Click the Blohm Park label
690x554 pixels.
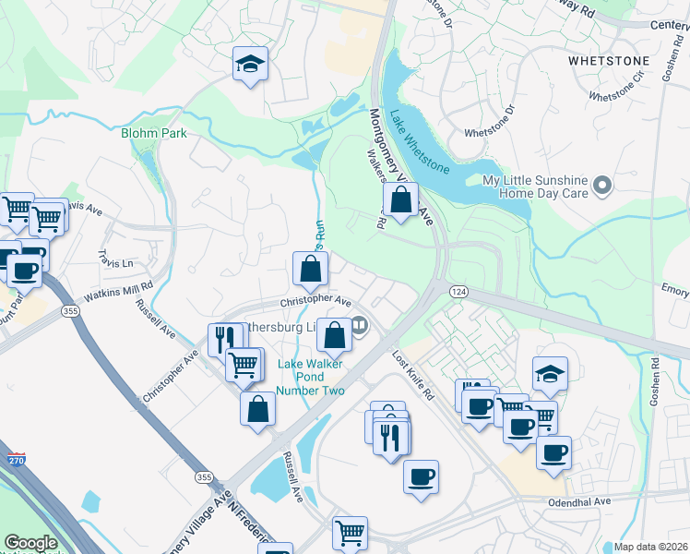pyautogui.click(x=154, y=133)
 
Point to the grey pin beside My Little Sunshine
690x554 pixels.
pyautogui.click(x=602, y=187)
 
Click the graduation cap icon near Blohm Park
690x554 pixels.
pyautogui.click(x=250, y=64)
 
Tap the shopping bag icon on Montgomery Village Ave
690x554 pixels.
pyautogui.click(x=401, y=199)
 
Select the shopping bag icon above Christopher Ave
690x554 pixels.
pyautogui.click(x=311, y=269)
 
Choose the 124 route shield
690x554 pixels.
pyautogui.click(x=458, y=291)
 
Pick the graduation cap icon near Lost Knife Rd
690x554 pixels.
pyautogui.click(x=550, y=373)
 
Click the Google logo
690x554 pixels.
pyautogui.click(x=30, y=543)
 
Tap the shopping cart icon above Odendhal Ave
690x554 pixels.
pyautogui.click(x=350, y=531)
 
